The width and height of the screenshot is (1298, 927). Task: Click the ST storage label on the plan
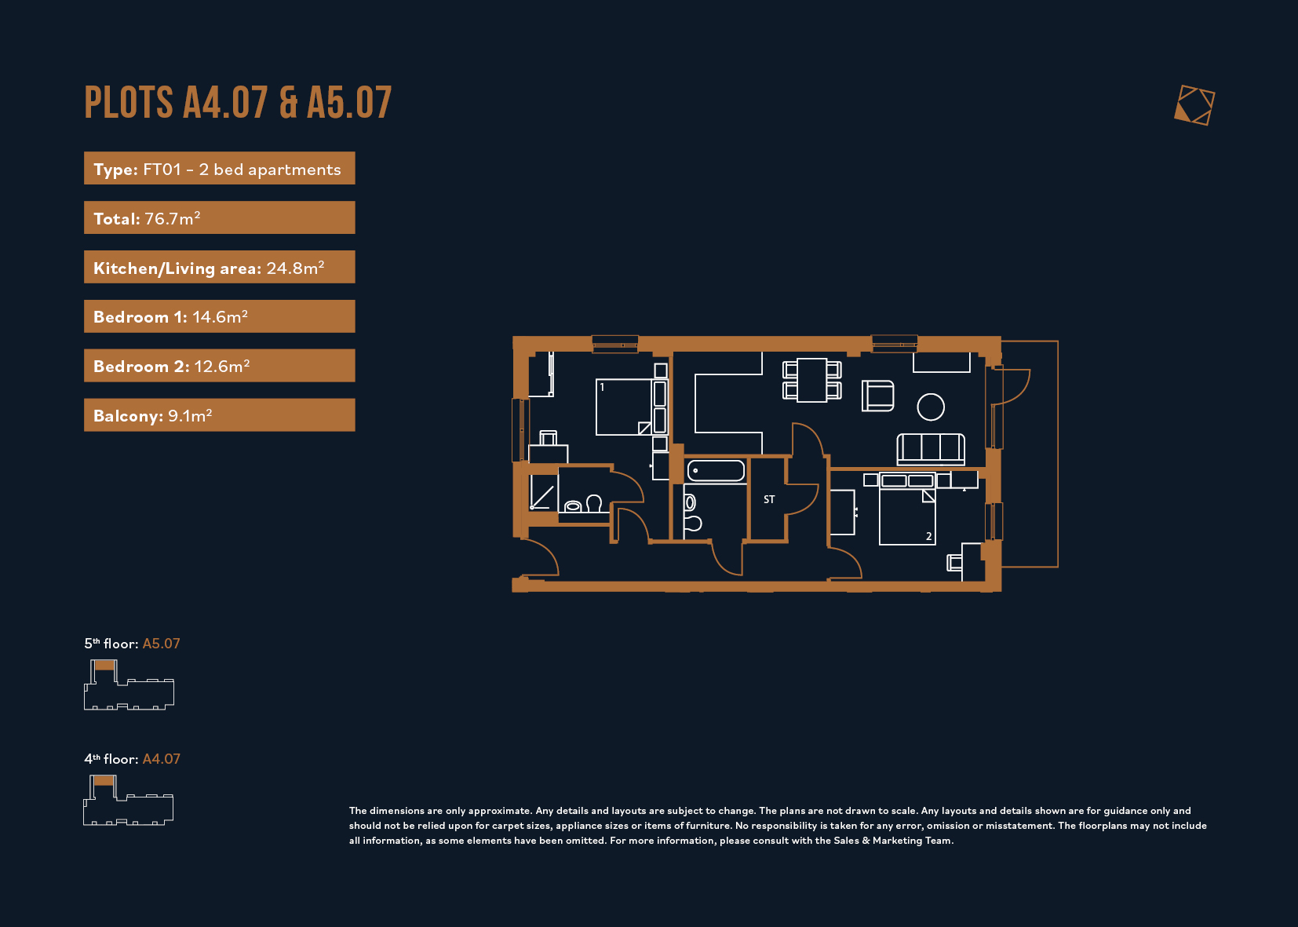(x=769, y=499)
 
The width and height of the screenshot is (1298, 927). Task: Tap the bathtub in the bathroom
(x=716, y=471)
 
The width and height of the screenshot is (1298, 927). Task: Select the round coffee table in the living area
(x=931, y=407)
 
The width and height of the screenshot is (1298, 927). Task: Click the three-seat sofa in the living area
(x=931, y=449)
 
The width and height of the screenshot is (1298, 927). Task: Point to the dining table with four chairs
(x=811, y=381)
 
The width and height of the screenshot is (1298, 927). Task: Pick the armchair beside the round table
(x=877, y=396)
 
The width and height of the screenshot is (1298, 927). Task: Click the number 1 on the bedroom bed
(x=602, y=387)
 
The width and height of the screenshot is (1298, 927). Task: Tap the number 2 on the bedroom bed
(x=929, y=536)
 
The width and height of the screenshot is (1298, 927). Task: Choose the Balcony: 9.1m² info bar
(x=220, y=414)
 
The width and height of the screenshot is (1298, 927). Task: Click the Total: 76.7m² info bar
(x=220, y=217)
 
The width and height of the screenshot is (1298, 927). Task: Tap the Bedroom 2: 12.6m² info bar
(x=220, y=365)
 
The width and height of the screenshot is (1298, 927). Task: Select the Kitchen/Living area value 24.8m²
(x=295, y=268)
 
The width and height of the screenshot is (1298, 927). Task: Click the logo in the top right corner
(x=1194, y=105)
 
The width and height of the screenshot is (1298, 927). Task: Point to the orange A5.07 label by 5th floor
(x=161, y=644)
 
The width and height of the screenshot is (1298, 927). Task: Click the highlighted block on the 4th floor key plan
(x=104, y=781)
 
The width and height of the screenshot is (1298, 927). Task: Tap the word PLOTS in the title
(x=129, y=103)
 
